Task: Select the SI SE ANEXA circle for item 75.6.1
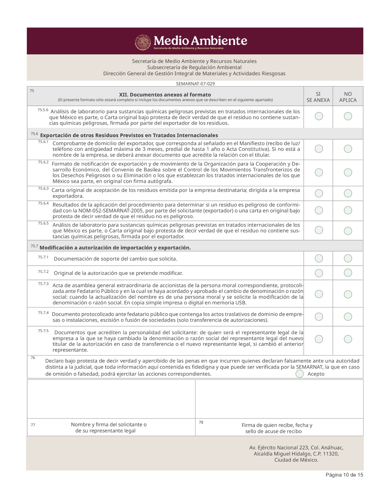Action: click(319, 149)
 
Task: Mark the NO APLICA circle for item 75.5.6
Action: click(348, 116)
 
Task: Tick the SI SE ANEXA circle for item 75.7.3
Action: click(319, 294)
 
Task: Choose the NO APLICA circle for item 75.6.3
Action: click(348, 193)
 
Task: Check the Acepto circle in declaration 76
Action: click(300, 374)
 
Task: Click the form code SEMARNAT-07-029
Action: click(195, 84)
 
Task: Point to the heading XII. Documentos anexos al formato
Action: click(165, 95)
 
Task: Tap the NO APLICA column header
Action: click(348, 97)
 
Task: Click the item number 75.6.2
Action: click(43, 162)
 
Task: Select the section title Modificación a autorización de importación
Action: click(115, 248)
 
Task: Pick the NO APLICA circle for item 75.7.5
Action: click(348, 339)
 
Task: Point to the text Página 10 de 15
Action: click(344, 475)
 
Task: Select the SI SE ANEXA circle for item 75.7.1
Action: click(319, 258)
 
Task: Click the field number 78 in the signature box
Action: click(201, 422)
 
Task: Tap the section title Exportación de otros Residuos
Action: click(129, 135)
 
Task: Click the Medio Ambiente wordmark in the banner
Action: click(200, 41)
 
